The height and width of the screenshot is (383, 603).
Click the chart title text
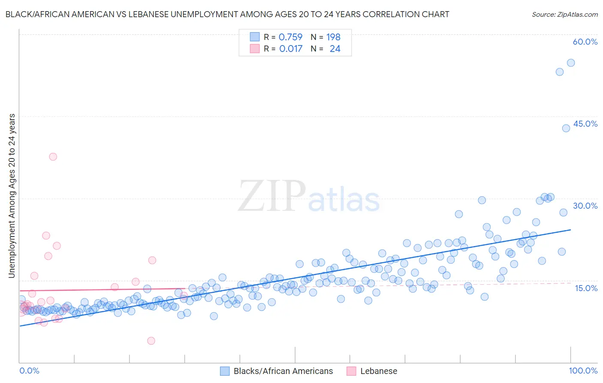[227, 14]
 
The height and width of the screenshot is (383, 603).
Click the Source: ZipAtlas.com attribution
[564, 14]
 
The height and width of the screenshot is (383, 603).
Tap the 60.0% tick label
[585, 42]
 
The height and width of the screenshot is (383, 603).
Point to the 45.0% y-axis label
[585, 124]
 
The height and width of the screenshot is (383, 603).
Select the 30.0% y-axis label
[585, 206]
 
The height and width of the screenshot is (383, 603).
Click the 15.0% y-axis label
[586, 288]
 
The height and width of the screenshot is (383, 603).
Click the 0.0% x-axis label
[29, 371]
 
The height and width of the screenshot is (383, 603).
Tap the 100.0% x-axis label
[583, 371]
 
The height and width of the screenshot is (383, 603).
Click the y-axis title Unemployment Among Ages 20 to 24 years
[12, 196]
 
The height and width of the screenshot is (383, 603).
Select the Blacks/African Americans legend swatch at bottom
[225, 371]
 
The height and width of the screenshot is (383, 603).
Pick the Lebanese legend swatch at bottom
[351, 371]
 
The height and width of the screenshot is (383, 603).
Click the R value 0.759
[290, 37]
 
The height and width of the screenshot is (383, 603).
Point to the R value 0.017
[290, 49]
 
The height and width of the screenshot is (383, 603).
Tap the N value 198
[333, 37]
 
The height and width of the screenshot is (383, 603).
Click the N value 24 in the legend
[335, 49]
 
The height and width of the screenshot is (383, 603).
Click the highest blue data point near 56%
[571, 63]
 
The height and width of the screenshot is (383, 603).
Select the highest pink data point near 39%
[53, 157]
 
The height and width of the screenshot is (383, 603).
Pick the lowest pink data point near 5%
[151, 341]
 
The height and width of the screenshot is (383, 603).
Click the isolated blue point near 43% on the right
[566, 128]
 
